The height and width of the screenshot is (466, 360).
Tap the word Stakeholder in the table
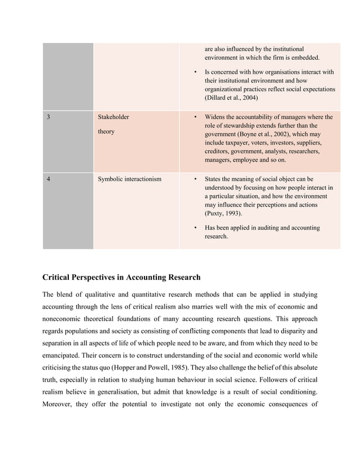113,117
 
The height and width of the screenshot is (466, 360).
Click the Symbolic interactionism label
130,179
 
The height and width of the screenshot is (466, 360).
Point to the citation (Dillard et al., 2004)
231,98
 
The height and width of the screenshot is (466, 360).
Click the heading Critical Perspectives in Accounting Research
121,278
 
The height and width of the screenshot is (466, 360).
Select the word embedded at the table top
303,58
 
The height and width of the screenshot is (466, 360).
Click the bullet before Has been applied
195,228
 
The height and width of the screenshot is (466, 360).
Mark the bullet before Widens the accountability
195,117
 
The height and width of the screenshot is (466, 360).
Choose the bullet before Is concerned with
195,72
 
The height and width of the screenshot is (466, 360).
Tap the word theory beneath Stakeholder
106,132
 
